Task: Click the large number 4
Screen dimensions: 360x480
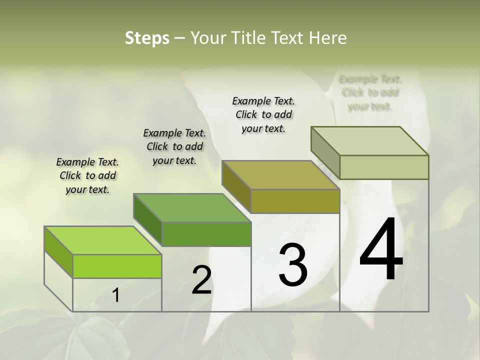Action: [381, 250]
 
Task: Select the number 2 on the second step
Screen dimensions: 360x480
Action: [201, 280]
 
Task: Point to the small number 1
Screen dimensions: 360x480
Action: [116, 295]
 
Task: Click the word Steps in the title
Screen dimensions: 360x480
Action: [147, 38]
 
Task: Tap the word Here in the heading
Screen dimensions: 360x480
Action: [328, 38]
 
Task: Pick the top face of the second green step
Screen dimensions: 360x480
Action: [192, 207]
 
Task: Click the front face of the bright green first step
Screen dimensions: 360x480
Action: [117, 266]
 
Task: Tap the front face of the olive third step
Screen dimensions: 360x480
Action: [295, 201]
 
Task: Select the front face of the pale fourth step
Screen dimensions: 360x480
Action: [384, 167]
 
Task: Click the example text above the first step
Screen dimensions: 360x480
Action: [87, 175]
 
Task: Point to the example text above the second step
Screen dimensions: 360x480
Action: [174, 146]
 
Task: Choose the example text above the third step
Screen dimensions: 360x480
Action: [263, 114]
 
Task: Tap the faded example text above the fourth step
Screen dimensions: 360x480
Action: [370, 92]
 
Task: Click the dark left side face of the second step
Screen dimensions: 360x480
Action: [148, 219]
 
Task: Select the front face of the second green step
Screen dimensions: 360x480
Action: [206, 234]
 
